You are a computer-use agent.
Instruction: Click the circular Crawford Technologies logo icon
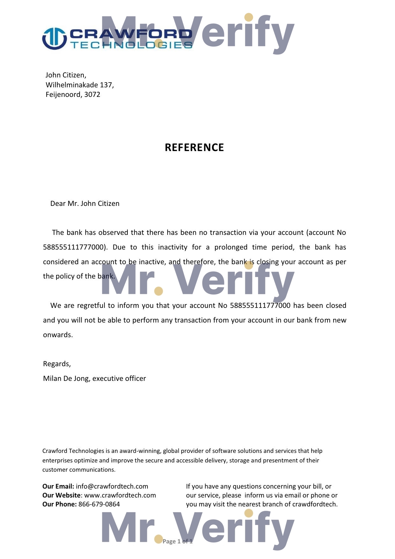[x=54, y=39]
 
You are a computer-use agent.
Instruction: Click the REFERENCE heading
[x=194, y=148]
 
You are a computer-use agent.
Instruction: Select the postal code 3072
[x=92, y=95]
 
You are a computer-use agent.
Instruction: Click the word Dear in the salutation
[x=58, y=204]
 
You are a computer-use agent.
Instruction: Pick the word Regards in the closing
[x=56, y=364]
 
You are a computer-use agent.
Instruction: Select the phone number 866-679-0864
[x=99, y=504]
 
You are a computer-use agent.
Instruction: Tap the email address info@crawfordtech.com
[x=112, y=486]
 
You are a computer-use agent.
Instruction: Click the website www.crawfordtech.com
[x=120, y=495]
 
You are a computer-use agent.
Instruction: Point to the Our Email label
[x=58, y=486]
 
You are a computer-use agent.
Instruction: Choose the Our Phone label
[x=60, y=504]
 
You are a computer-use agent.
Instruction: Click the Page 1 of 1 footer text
[x=177, y=541]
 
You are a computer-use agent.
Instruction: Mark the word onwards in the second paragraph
[x=58, y=335]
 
